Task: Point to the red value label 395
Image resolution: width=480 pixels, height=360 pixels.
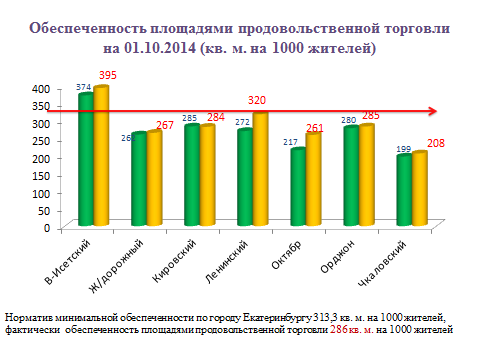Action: point(107,76)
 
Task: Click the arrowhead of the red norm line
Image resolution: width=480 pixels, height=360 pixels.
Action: point(433,111)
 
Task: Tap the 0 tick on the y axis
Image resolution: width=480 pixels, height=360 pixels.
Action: point(44,227)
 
